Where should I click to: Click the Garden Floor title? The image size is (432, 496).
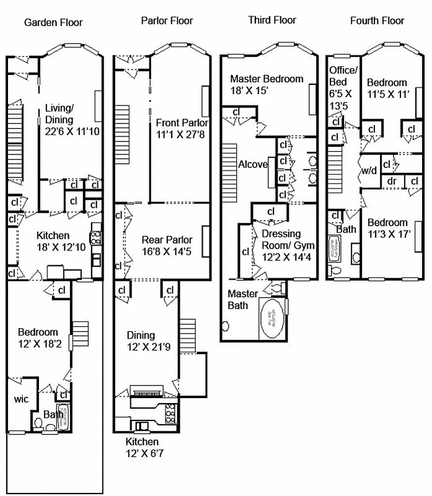[x=53, y=23]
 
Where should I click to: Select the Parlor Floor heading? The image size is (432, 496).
[x=167, y=21]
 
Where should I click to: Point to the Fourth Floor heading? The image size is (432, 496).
[x=377, y=20]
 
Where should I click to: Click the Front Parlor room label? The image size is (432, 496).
[x=182, y=122]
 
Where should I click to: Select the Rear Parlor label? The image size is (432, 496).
[x=167, y=240]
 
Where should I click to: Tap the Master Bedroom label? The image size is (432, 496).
[x=267, y=79]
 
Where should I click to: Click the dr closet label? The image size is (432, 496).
[x=392, y=181]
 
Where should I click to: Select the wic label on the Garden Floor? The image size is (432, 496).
[x=21, y=399]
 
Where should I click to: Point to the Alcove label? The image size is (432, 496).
[x=253, y=164]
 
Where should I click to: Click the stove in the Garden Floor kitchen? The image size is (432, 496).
[x=96, y=237]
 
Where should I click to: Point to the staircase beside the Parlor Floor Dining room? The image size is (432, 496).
[x=188, y=335]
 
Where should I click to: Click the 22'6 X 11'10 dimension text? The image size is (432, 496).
[x=68, y=131]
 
